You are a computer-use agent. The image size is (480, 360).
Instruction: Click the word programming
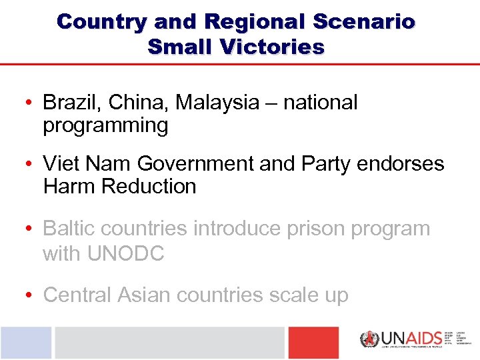105,125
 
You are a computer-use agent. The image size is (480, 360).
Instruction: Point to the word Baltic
68,228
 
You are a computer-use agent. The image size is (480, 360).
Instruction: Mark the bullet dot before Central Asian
31,295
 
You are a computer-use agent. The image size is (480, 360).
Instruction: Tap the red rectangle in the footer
313,343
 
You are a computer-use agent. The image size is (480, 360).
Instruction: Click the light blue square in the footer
25,343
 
